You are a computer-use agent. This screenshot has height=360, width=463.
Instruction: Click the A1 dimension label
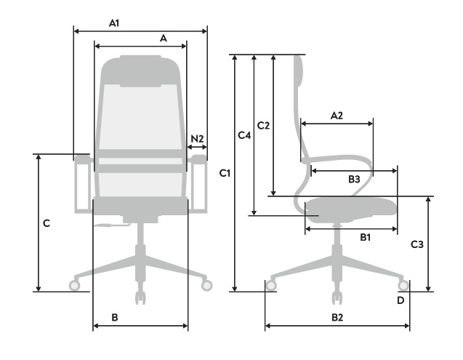pos(114,23)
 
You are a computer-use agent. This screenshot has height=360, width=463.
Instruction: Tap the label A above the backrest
pos(164,38)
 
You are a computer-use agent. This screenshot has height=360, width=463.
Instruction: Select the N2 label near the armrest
pos(197,139)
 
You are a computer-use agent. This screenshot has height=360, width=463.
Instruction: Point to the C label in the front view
pos(47,223)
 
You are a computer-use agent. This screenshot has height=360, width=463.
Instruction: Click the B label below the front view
pos(115,317)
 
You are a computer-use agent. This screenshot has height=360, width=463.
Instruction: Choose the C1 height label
pos(225,173)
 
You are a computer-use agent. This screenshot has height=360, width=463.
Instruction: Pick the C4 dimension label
pos(244,135)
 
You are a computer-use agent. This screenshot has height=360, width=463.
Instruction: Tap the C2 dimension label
pos(263,126)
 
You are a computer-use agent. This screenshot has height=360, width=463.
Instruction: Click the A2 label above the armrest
pos(337,116)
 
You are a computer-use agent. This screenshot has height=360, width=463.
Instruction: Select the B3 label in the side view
pos(354,179)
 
